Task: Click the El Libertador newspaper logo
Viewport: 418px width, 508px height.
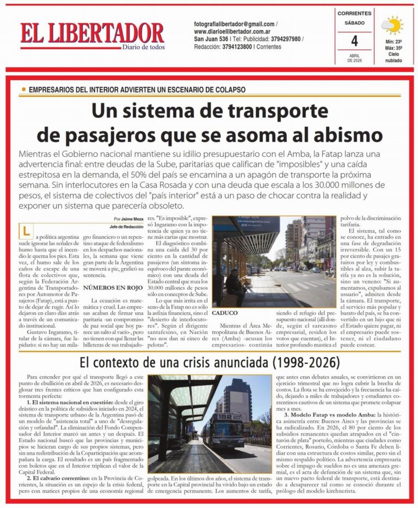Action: click(x=92, y=33)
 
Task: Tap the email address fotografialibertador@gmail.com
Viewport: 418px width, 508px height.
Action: click(x=234, y=25)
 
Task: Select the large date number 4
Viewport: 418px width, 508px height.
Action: click(x=354, y=41)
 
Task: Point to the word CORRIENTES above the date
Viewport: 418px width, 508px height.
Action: click(x=354, y=13)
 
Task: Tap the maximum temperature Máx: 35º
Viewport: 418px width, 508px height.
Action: click(x=393, y=48)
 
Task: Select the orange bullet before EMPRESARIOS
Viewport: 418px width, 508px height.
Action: click(x=23, y=89)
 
